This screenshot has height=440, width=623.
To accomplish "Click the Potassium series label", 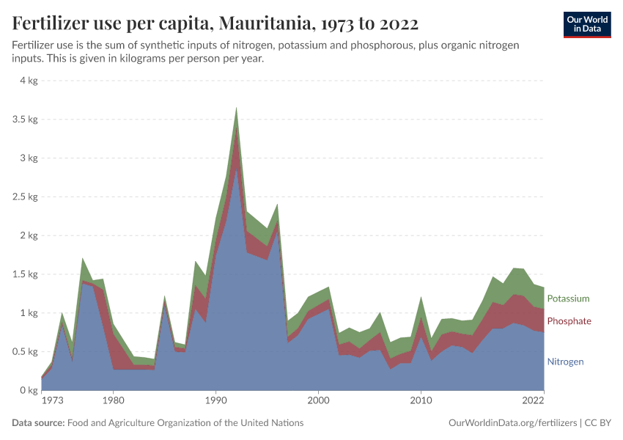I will click(568, 298).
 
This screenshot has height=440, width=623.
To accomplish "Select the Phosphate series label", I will click(569, 321).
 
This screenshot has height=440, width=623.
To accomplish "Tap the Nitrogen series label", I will click(565, 362).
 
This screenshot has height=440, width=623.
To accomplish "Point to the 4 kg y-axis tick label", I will click(28, 81).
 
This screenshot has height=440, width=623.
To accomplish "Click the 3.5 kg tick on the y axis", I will click(24, 120).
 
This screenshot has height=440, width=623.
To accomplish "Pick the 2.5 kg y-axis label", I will click(24, 197).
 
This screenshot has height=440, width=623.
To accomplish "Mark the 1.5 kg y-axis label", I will click(24, 274).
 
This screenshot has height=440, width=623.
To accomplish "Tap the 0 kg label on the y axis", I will click(28, 390).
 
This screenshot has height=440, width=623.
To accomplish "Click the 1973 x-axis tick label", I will click(53, 401).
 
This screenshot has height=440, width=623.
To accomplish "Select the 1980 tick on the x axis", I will click(113, 401).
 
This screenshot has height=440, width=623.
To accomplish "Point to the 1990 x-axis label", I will click(215, 401).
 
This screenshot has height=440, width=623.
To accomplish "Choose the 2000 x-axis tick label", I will click(318, 401).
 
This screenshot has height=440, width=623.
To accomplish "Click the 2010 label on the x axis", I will click(421, 401).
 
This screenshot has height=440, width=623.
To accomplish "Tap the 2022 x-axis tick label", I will click(533, 401).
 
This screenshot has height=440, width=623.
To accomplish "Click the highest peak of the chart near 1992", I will click(236, 108).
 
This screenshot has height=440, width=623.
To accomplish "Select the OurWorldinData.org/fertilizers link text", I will click(510, 423).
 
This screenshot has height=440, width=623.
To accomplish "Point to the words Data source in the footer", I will click(38, 423).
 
